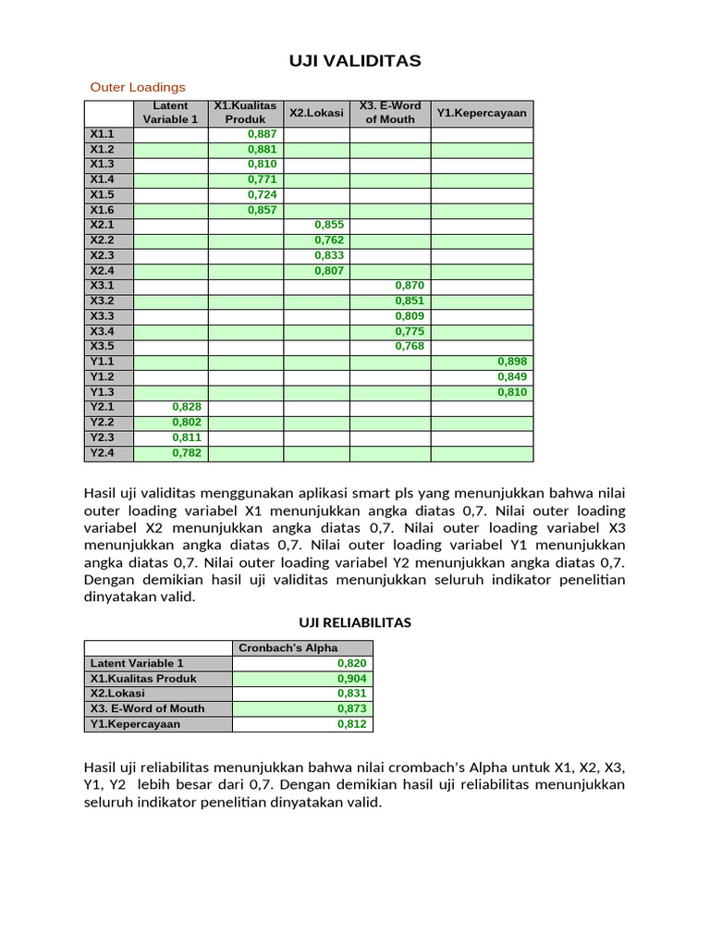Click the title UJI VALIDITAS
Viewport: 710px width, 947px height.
pos(355,61)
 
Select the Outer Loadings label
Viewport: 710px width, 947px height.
pos(138,87)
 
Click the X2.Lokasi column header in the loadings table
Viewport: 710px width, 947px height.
pos(316,113)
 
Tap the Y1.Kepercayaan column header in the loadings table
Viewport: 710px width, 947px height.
pos(482,113)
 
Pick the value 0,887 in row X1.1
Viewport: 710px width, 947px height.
pos(263,134)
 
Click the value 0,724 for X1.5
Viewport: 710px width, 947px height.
pos(263,195)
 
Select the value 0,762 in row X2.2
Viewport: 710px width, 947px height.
pos(329,240)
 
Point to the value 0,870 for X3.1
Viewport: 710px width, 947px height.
pos(410,286)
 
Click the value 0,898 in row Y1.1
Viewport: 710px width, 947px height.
pos(512,362)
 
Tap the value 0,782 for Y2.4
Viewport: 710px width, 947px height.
pos(187,453)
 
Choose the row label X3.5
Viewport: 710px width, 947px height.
pos(102,347)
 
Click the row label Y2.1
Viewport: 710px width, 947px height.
pos(102,407)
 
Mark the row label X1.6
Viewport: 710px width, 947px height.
pos(102,210)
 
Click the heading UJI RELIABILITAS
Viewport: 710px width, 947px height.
pos(355,622)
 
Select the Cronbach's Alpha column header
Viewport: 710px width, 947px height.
pos(288,647)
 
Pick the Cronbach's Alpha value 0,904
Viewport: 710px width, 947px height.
pos(352,678)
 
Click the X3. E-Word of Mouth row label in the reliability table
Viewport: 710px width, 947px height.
pos(148,708)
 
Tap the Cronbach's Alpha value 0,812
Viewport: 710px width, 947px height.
pos(352,724)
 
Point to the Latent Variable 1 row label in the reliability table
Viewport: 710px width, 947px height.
pos(137,663)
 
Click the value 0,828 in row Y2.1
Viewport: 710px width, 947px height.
pos(187,407)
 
